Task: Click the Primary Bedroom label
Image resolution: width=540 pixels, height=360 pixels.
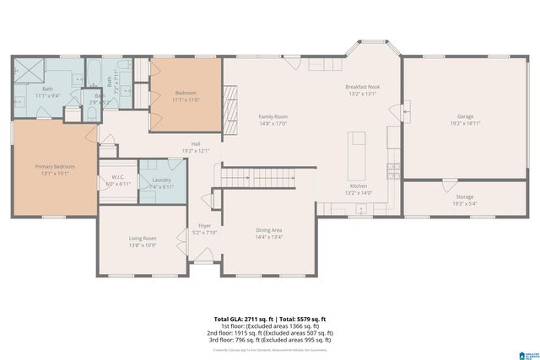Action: [53, 167]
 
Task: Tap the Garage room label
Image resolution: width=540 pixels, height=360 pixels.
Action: [464, 116]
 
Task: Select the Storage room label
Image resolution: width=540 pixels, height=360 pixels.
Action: [464, 196]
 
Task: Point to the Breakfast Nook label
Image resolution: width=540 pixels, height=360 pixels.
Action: [364, 88]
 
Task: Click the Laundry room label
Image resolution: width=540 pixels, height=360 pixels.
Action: [162, 180]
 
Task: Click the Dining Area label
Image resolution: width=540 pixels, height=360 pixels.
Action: [268, 230]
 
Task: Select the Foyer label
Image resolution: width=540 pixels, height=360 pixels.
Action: [204, 226]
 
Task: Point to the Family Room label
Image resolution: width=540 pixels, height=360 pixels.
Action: [273, 116]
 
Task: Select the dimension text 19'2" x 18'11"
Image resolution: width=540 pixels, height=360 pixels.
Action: [464, 123]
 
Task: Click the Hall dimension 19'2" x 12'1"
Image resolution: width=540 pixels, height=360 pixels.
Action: [195, 151]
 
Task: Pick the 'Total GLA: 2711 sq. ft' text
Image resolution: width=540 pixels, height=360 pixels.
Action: [240, 320]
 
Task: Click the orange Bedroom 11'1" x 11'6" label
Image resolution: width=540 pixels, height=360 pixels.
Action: [186, 96]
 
